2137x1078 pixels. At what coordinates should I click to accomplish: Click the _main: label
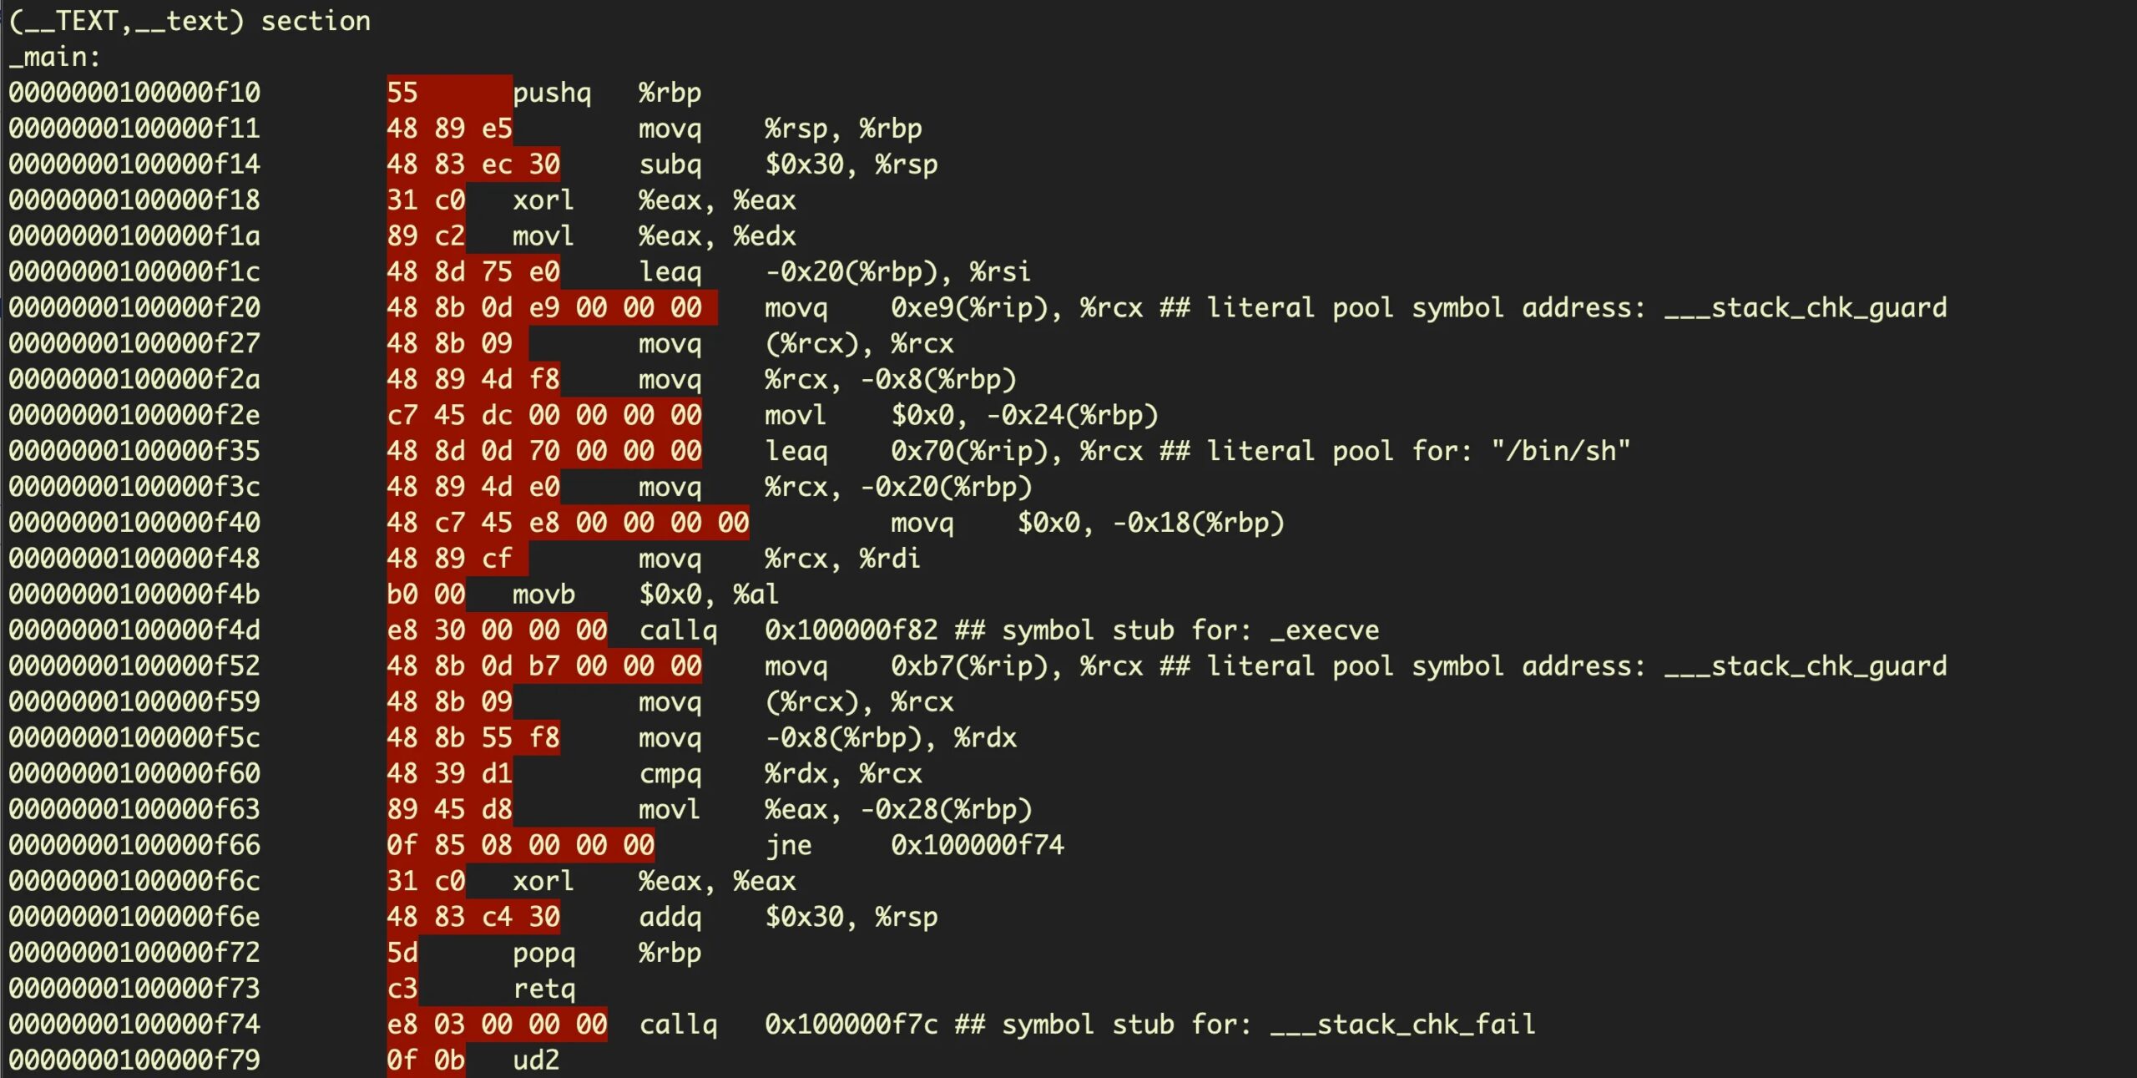point(54,57)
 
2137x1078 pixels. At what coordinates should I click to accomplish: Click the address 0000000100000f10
point(134,93)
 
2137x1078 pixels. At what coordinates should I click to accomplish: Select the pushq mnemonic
point(552,94)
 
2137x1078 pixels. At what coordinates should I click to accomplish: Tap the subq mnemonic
point(670,164)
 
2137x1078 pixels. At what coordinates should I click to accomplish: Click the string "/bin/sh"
point(1561,451)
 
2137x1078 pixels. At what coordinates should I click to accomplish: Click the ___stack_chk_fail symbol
point(1402,1025)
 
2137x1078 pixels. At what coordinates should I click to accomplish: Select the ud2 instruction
point(536,1060)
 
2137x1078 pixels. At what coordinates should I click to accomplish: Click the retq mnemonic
point(544,989)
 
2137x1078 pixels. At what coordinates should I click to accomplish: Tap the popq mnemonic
point(544,954)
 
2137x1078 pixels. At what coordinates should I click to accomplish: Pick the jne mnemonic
point(789,846)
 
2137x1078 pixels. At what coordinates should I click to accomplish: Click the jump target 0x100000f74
point(978,845)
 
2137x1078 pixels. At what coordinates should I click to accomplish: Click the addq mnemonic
point(670,917)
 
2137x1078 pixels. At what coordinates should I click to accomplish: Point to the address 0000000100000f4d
point(134,630)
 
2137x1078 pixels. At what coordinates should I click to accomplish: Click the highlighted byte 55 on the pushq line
point(402,93)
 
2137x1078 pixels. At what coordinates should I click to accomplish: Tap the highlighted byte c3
point(402,989)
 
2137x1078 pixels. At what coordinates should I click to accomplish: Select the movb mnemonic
point(543,595)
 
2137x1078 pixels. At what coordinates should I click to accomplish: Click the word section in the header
point(316,21)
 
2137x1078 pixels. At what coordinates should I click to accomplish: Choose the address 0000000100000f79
point(134,1060)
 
